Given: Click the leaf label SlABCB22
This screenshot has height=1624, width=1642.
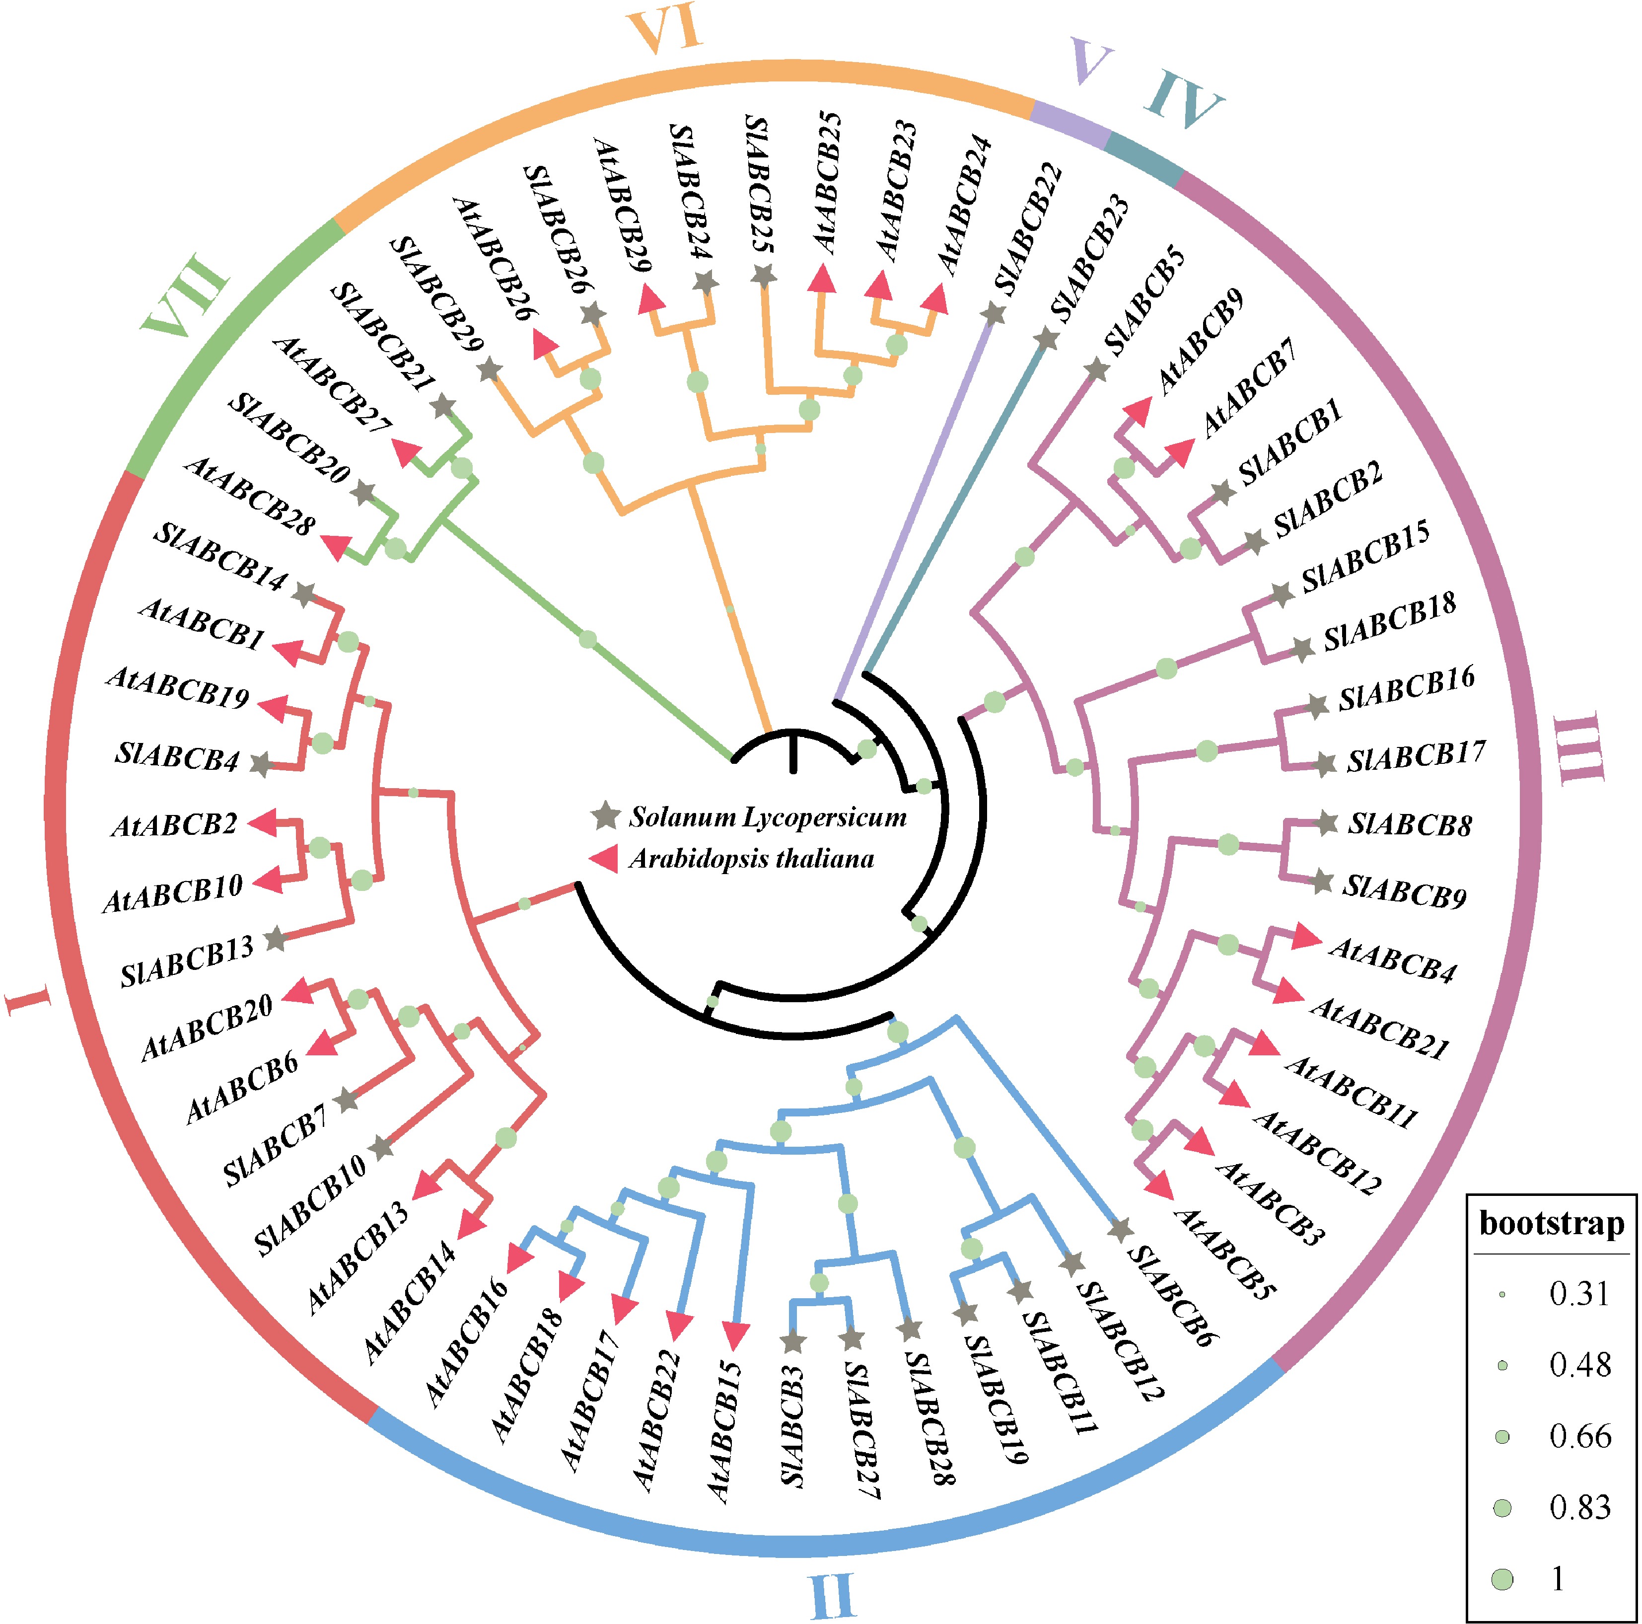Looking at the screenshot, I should tap(1028, 228).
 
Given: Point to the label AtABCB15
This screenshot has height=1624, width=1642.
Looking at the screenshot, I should tap(724, 1430).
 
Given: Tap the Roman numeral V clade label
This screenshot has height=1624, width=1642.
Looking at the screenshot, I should tap(1090, 61).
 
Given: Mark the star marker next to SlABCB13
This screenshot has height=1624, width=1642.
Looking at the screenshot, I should tap(275, 940).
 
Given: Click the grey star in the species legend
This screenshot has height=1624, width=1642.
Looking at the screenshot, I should tap(605, 816).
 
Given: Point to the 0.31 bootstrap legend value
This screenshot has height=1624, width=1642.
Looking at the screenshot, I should tap(1579, 1294).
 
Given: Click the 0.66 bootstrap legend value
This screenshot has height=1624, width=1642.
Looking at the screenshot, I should tap(1579, 1436).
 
